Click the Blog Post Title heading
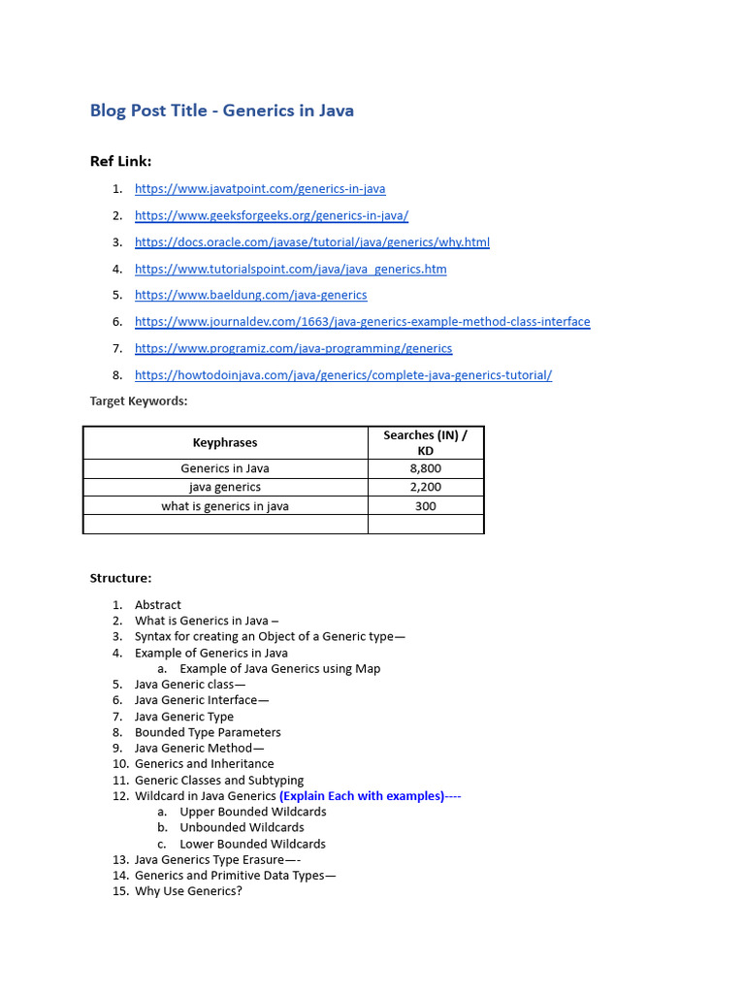[x=221, y=111]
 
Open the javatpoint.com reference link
[x=260, y=189]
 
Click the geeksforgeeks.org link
[x=272, y=215]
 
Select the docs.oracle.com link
[x=311, y=242]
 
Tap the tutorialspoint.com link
[x=290, y=269]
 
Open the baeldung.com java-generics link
[x=250, y=295]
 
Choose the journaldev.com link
[x=362, y=322]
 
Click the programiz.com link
[x=293, y=348]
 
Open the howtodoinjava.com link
[x=342, y=375]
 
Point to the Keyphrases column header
[x=225, y=442]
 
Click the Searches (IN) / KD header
[x=425, y=442]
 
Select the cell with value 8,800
[x=425, y=468]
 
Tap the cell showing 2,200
[x=425, y=487]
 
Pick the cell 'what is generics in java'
[x=225, y=506]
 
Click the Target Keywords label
[x=139, y=400]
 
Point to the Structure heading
[x=120, y=578]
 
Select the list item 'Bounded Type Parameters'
[x=208, y=732]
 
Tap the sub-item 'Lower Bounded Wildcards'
[x=252, y=844]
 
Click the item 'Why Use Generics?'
[x=188, y=891]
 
